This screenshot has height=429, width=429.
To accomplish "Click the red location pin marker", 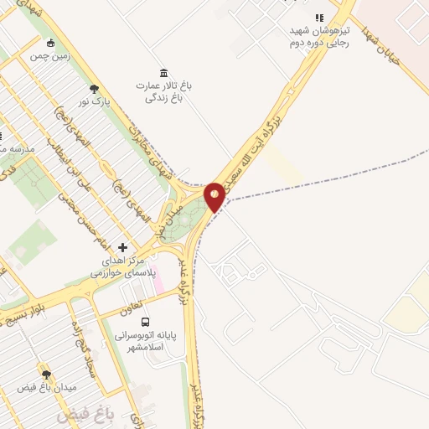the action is click(x=214, y=196).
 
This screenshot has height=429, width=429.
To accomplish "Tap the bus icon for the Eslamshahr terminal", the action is click(x=146, y=322).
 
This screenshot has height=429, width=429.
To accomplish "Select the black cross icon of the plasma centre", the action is click(x=123, y=247).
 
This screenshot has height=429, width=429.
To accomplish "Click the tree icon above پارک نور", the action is click(x=93, y=89).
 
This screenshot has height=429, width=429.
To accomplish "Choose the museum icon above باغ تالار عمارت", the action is click(x=163, y=72).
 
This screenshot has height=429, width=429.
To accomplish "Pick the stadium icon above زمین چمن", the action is click(x=51, y=43).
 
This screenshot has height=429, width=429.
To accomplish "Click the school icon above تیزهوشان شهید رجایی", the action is click(x=318, y=18).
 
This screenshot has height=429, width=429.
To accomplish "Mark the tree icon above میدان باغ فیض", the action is click(x=45, y=375).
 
